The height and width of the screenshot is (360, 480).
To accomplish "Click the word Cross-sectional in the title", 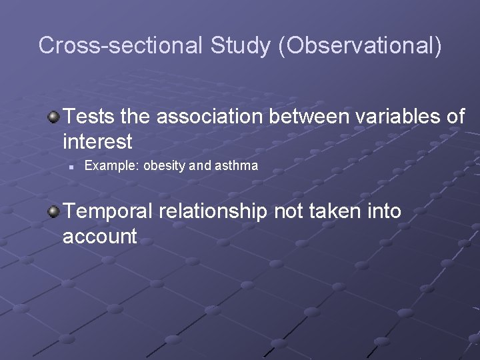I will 121,45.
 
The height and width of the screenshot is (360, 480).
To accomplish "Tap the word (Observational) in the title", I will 359,45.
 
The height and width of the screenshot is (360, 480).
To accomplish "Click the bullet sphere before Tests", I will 53,117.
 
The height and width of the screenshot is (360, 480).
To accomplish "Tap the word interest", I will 97,141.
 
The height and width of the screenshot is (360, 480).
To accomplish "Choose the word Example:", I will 110,166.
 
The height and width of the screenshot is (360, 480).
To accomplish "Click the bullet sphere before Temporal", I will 53,212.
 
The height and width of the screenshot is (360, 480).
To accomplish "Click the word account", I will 100,236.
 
